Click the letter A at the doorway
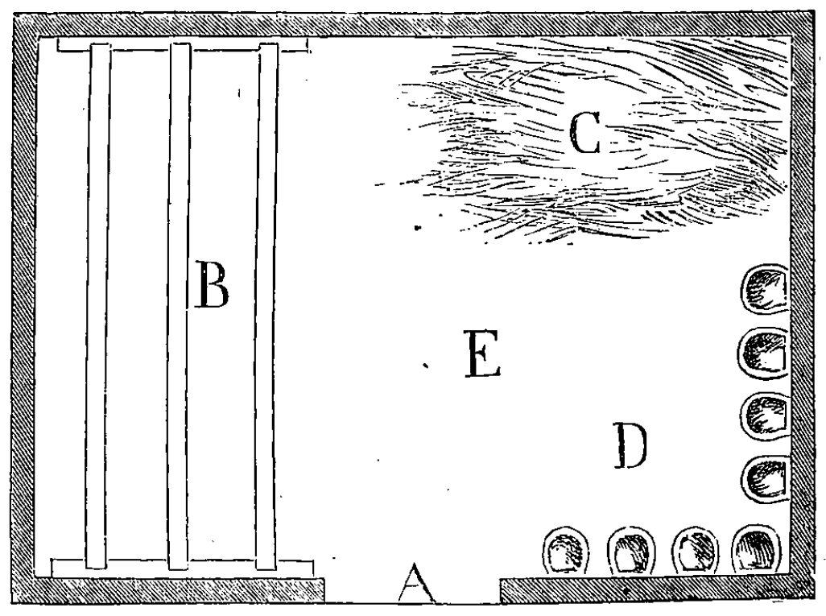coord(417,583)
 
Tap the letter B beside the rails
coord(212,284)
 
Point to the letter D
coord(630,446)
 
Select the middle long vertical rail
coord(179,306)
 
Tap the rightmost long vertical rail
coord(267,306)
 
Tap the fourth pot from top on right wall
coord(766,478)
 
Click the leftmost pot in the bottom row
coord(566,552)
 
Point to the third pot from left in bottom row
coord(696,551)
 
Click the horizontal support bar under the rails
coord(182,568)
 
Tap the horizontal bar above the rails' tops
coord(182,47)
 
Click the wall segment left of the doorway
coord(168,591)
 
